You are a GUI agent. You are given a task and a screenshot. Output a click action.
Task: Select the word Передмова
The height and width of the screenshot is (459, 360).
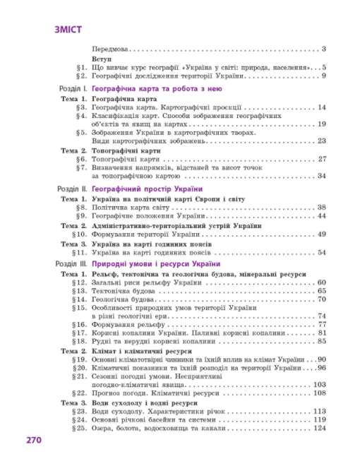(112, 49)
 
